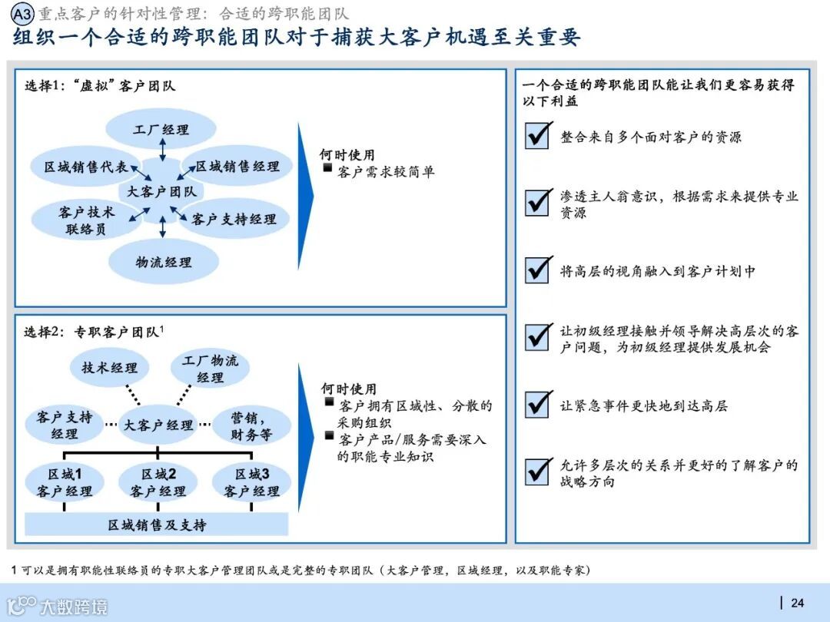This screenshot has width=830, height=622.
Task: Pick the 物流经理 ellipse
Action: (x=163, y=262)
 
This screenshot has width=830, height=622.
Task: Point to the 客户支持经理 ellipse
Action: (x=234, y=219)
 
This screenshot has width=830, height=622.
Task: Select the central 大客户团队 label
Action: (x=161, y=192)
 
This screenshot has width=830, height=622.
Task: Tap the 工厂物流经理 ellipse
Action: (x=210, y=368)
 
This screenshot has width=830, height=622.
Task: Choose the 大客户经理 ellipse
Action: (x=158, y=425)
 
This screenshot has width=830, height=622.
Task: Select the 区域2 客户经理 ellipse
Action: (x=158, y=482)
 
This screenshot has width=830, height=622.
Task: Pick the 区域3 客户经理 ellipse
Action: (x=251, y=482)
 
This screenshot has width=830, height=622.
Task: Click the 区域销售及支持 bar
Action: (x=157, y=524)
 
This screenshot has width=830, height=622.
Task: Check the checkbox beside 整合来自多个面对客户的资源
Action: (x=537, y=136)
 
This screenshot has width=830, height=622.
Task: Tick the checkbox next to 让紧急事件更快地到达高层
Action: (x=537, y=404)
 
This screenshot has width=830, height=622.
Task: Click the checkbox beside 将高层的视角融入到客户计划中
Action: (x=537, y=270)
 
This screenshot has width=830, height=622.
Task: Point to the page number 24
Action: (x=797, y=603)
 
